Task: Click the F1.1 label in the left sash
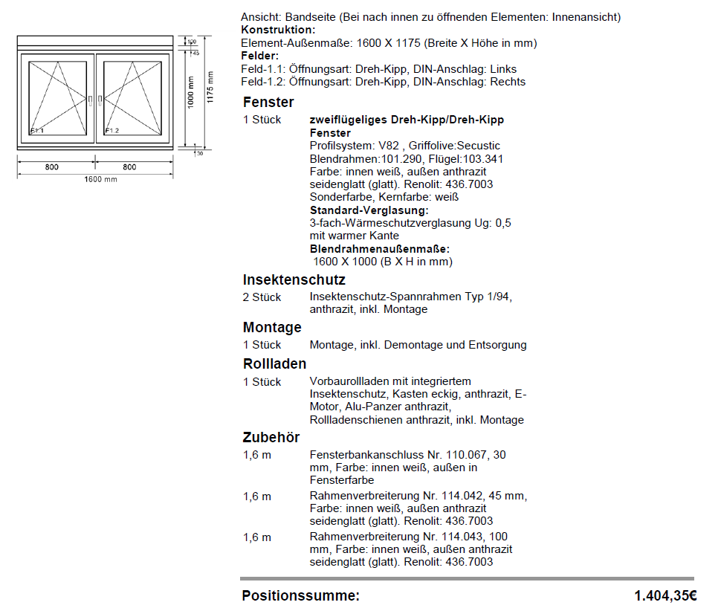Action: (x=37, y=131)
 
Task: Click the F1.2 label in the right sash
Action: (x=111, y=131)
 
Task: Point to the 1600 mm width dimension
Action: (x=100, y=180)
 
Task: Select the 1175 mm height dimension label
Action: (x=210, y=88)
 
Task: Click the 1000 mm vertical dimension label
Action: (x=190, y=92)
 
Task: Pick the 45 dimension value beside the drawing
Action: (x=195, y=54)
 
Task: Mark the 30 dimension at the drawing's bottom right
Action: (x=198, y=153)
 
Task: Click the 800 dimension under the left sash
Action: (x=51, y=167)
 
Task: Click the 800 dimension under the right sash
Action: (x=130, y=167)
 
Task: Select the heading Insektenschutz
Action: (x=294, y=280)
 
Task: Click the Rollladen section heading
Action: (x=274, y=364)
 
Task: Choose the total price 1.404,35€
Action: (x=665, y=595)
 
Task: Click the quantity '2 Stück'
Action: (x=262, y=297)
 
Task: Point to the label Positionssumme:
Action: (x=300, y=595)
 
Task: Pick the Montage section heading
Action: (x=272, y=328)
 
